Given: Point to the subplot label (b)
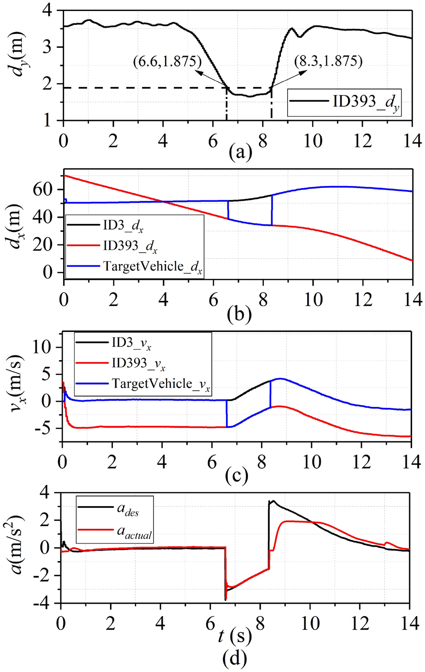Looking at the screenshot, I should [x=238, y=314].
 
